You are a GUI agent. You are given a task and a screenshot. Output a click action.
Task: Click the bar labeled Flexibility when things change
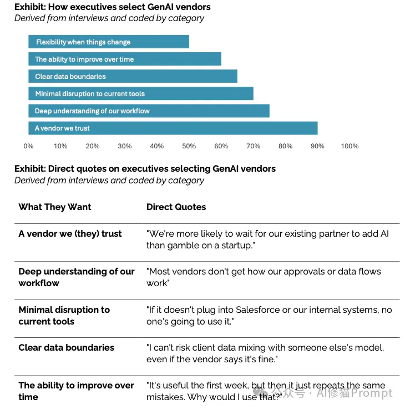[109, 42]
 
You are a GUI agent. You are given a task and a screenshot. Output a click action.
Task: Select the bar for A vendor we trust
[173, 128]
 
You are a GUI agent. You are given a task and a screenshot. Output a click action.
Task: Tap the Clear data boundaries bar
[133, 76]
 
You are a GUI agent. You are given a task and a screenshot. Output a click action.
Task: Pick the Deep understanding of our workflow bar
[149, 111]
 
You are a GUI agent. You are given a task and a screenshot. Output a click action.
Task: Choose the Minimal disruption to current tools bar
[141, 93]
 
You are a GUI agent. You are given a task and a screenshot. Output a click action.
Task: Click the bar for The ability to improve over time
[125, 59]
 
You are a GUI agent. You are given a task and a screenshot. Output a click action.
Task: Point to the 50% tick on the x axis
[189, 146]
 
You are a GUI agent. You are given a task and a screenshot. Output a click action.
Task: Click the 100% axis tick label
[350, 146]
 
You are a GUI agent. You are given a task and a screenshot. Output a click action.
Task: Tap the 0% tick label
[28, 146]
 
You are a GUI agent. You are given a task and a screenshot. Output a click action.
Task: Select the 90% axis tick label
[317, 146]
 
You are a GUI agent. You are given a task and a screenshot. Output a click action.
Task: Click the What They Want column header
[55, 207]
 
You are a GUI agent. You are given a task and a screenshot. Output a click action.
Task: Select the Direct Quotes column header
[176, 207]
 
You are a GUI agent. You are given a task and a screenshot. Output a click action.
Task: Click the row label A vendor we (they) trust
[70, 234]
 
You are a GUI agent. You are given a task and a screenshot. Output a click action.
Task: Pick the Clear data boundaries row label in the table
[67, 347]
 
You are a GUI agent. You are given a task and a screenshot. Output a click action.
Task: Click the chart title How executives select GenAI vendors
[113, 7]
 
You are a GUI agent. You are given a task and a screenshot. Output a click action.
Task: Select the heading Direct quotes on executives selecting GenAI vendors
[145, 169]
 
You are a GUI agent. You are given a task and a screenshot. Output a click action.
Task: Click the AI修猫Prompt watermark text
[355, 393]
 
